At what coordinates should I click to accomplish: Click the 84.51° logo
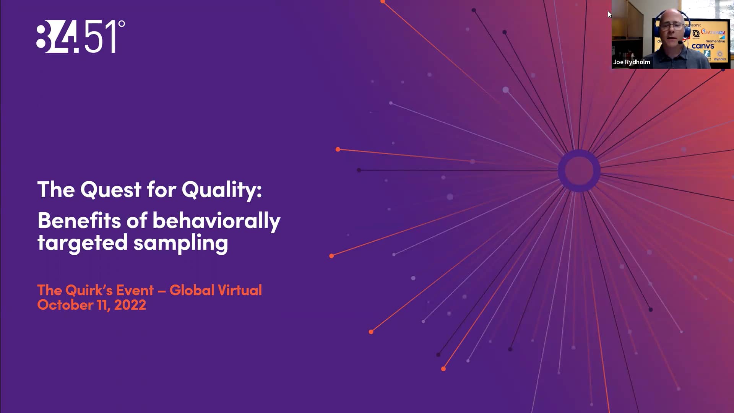coord(80,36)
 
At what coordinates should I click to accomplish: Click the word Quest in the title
coord(111,189)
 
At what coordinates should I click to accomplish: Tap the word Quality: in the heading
coord(222,190)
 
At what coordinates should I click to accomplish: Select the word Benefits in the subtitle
coord(79,221)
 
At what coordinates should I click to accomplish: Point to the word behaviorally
coord(216,221)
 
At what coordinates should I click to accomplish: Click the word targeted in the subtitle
coord(82,243)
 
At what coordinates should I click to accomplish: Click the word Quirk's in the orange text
coord(90,290)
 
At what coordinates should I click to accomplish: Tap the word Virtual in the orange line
coord(240,290)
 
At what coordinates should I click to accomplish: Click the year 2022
coord(130,305)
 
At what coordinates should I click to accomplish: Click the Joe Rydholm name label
coord(632,62)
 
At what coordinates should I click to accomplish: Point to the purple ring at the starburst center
coord(579,171)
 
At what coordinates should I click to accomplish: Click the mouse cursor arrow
coord(609,14)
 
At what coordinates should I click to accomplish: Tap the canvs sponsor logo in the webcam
coord(703,46)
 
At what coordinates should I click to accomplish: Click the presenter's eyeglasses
coord(672,26)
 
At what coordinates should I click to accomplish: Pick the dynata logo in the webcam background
coord(719,59)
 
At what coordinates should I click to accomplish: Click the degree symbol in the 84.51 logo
coord(122,24)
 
